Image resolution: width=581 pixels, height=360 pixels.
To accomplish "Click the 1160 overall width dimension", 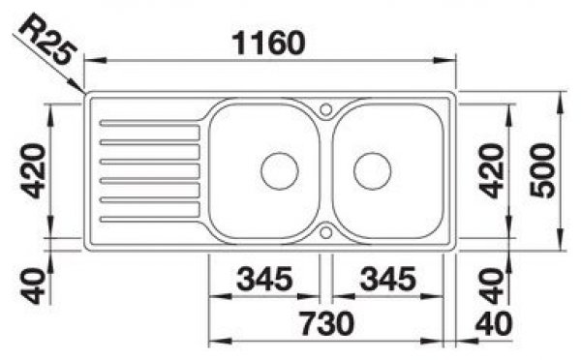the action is tap(268, 44).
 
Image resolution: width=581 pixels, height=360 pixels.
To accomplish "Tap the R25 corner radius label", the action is tap(47, 39).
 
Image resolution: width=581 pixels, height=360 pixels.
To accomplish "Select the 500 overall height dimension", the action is tap(542, 170).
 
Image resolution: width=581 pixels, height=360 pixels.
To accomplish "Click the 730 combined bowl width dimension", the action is tap(327, 323).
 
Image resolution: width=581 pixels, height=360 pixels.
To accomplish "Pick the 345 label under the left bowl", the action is tap(264, 279).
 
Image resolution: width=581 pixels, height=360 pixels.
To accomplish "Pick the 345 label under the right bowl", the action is tap(388, 279).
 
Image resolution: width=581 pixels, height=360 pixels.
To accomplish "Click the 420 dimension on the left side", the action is tap(33, 171).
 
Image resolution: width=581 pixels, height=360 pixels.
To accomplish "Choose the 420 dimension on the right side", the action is tap(491, 171).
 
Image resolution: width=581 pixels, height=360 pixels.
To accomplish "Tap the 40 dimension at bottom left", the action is tap(33, 285).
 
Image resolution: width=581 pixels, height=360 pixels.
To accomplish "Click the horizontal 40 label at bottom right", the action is tap(494, 323).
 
